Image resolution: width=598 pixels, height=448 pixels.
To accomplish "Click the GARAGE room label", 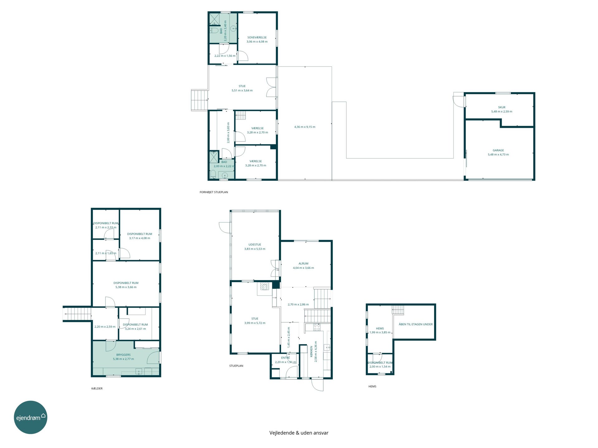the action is click(498, 150).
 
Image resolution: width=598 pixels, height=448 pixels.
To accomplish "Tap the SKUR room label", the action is click(501, 107).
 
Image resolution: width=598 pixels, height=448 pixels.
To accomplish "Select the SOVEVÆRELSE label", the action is click(257, 37).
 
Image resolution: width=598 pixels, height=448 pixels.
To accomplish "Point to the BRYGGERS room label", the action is click(123, 355).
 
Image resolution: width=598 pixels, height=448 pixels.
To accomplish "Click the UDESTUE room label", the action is click(255, 245).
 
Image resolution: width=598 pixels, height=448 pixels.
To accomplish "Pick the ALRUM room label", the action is click(303, 264).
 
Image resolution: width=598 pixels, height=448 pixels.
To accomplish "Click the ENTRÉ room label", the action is click(285, 358).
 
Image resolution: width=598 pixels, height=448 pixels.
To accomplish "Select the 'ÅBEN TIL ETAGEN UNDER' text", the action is click(415, 324).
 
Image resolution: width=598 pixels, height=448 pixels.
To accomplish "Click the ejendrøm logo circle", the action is click(31, 417).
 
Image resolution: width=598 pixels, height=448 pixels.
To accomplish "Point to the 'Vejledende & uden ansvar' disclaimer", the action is click(299, 433).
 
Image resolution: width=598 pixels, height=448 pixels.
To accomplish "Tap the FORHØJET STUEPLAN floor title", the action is click(214, 192).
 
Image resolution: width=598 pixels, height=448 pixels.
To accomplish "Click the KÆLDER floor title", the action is click(97, 389).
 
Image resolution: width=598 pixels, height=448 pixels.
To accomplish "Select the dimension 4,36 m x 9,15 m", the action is click(305, 127).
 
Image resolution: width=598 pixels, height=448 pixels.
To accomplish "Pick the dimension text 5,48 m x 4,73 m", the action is click(498, 155).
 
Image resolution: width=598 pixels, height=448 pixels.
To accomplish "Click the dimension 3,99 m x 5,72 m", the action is click(255, 323).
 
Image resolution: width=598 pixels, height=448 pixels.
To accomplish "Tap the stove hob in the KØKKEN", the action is click(317, 327).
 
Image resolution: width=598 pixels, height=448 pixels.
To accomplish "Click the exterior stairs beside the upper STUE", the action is click(199, 100).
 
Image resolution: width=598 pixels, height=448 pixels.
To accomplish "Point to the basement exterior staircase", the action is click(77, 314).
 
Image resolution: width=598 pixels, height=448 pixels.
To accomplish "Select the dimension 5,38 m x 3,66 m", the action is click(126, 287).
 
